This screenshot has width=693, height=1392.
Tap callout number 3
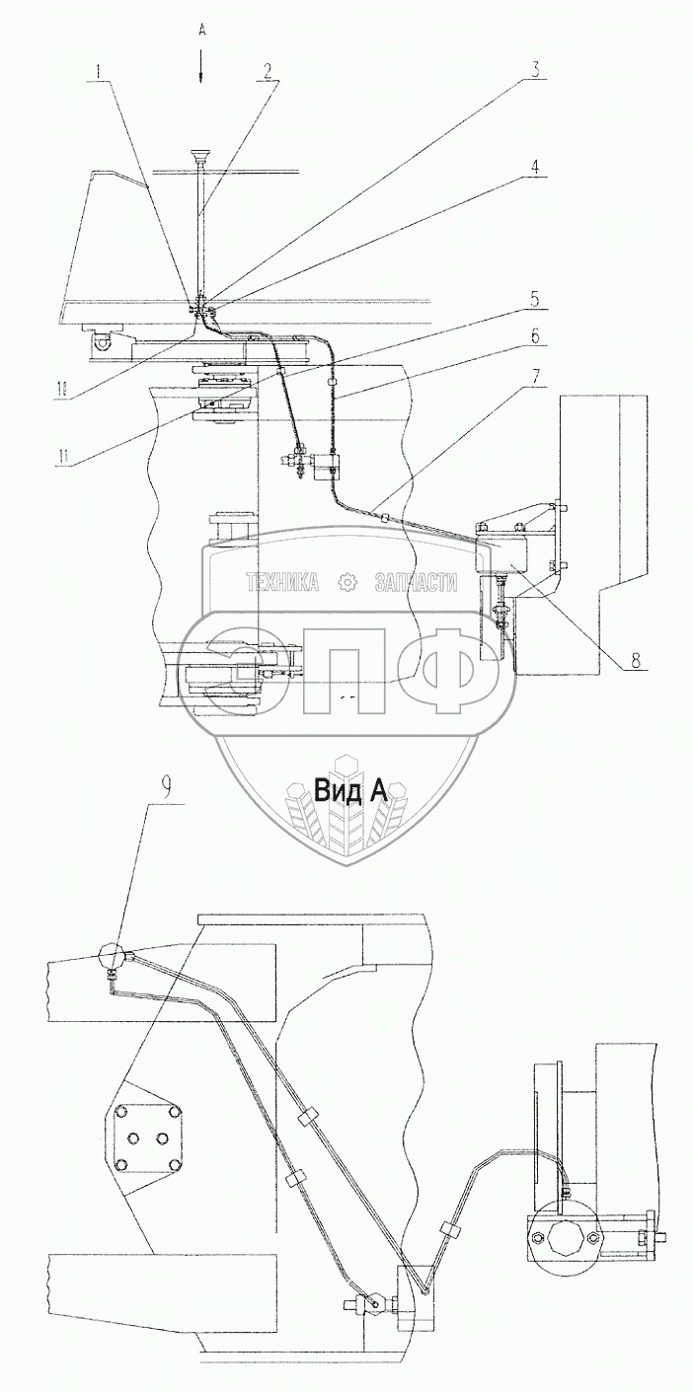click(535, 70)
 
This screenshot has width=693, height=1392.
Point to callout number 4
click(533, 167)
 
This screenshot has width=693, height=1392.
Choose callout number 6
click(533, 336)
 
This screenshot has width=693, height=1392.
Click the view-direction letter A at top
click(201, 31)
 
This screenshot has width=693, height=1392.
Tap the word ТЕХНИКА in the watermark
click(282, 583)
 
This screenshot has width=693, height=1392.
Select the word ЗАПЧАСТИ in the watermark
click(416, 583)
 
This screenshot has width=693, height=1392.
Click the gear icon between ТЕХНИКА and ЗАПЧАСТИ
click(347, 583)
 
